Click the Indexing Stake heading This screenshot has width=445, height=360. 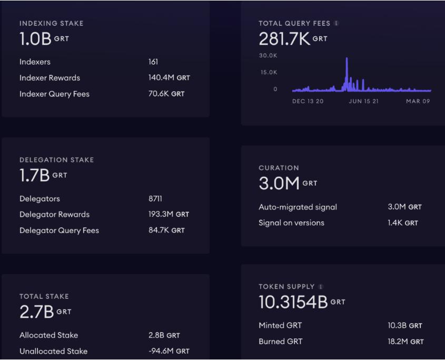coord(51,23)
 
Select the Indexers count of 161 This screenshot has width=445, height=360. coord(153,62)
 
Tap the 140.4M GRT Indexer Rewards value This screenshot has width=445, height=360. coord(169,77)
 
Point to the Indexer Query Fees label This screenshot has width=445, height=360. coord(54,94)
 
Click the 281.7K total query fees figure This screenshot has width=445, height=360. coord(284,38)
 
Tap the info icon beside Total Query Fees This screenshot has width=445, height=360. coord(337,23)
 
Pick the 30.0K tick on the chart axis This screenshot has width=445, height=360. coord(268,55)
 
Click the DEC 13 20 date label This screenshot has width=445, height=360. coord(308,101)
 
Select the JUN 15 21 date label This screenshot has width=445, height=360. coord(363,101)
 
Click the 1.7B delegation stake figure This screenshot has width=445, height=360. coord(35,176)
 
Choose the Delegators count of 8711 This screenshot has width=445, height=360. coord(156,199)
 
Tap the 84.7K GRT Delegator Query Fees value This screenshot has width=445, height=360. coord(166,230)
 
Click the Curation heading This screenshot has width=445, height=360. coord(279,168)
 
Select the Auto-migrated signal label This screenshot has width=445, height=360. coord(298,207)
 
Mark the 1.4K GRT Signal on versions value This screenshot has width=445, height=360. coord(403,223)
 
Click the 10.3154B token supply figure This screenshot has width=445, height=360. coord(293,302)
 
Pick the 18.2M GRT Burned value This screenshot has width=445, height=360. coord(406,342)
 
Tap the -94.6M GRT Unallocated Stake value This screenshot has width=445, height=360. coord(169,351)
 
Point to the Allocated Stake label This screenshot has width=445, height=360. coord(48,335)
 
